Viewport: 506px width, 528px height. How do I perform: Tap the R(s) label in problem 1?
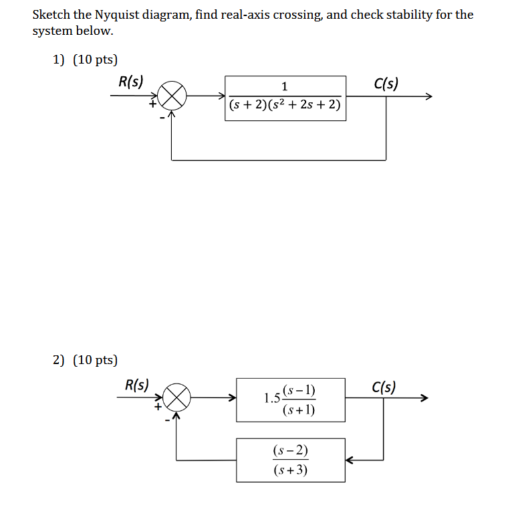130,82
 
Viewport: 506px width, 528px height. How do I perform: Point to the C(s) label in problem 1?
386,84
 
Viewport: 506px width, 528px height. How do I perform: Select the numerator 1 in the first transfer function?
285,86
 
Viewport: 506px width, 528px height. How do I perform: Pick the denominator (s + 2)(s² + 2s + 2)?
285,106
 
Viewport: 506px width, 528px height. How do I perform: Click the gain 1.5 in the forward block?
271,399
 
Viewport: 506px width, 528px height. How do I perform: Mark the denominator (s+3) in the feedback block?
290,470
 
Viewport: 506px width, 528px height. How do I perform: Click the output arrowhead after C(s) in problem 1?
428,98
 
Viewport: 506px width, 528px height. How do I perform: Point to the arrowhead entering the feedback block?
350,460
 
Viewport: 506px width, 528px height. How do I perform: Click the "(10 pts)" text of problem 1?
95,60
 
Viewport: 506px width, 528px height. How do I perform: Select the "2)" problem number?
59,360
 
